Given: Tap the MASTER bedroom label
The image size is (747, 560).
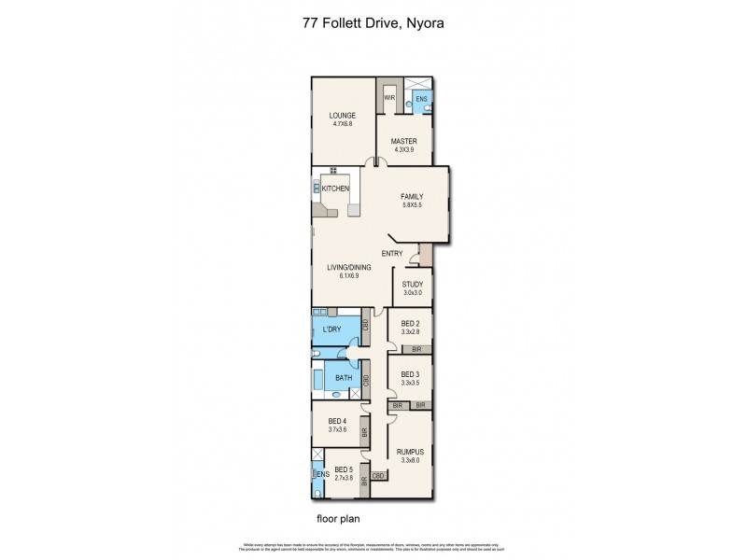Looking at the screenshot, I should pos(403,142).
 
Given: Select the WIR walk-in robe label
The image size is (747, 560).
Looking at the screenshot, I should pos(389,96).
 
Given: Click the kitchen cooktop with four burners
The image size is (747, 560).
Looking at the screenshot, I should pos(332,170).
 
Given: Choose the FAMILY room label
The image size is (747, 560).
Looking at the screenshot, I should pos(412,197).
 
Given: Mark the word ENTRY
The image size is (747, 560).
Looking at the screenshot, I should pos(391,254).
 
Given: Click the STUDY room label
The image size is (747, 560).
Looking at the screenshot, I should pos(412,284).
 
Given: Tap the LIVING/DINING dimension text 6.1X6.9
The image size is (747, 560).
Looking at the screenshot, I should pos(348,276).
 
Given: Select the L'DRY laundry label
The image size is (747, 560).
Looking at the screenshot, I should pos(331,331).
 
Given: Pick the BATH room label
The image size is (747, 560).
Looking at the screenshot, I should pos(343,379).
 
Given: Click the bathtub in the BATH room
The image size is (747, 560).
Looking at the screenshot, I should pos(318,380).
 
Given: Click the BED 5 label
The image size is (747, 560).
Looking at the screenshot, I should pos(343,469).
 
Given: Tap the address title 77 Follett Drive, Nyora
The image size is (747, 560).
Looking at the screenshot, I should pos(373,26).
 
